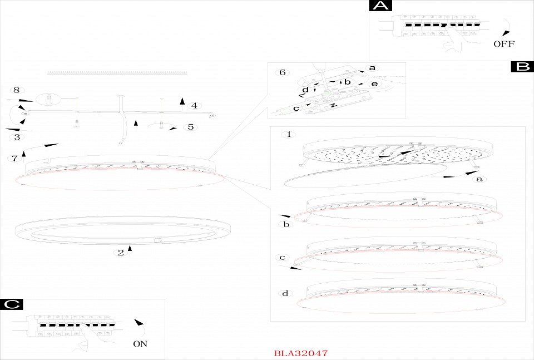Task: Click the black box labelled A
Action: tap(380, 6)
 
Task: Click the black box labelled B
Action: tap(522, 67)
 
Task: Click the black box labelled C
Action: tap(12, 304)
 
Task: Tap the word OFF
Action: tap(504, 43)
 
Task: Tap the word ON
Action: tap(140, 344)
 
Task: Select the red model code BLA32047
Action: tap(301, 353)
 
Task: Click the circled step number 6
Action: tap(283, 72)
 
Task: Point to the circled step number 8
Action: tap(17, 90)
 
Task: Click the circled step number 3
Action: tap(17, 137)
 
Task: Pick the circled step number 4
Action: tap(194, 106)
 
